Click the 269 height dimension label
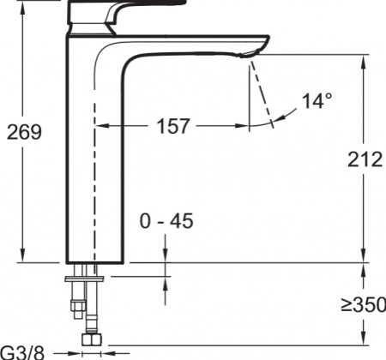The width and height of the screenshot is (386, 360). coord(24,132)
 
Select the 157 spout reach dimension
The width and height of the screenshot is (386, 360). coord(173,126)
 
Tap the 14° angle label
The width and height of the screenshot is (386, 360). coord(317,100)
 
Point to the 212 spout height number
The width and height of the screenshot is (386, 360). coord(365,159)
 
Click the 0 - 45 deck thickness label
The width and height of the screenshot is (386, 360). coord(166,221)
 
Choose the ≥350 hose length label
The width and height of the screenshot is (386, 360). coord(364,304)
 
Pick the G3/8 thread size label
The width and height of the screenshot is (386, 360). coord(22,352)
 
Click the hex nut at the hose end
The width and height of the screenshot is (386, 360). coord(92,339)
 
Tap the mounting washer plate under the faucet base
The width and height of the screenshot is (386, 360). coord(84,279)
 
